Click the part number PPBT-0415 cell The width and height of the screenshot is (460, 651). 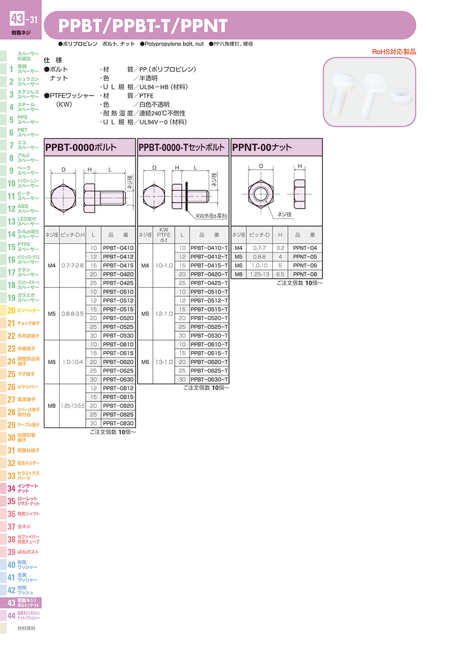tap(118, 265)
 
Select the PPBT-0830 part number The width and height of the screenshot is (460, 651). tap(118, 423)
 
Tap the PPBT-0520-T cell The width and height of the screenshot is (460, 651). tap(209, 318)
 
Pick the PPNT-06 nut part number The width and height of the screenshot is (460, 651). tap(305, 265)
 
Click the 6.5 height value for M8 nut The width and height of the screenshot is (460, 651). tap(280, 274)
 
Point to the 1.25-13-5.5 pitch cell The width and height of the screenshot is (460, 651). tap(73, 406)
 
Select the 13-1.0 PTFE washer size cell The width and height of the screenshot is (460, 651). tap(164, 362)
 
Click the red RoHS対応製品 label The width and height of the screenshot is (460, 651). tap(394, 52)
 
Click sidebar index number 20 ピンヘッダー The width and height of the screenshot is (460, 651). tap(11, 310)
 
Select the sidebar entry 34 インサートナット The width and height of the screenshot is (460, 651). tap(23, 488)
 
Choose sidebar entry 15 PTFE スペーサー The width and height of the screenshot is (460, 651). tap(23, 246)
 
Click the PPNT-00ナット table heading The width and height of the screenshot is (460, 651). tap(262, 147)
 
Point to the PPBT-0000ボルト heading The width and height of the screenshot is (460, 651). tap(81, 147)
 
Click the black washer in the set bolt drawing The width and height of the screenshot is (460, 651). tap(187, 196)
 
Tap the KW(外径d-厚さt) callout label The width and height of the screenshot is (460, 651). tap(212, 216)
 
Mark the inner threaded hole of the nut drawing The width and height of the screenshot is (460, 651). tap(261, 194)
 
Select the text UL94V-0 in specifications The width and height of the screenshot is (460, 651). tap(153, 122)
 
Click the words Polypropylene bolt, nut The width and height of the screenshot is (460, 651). tap(174, 44)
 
